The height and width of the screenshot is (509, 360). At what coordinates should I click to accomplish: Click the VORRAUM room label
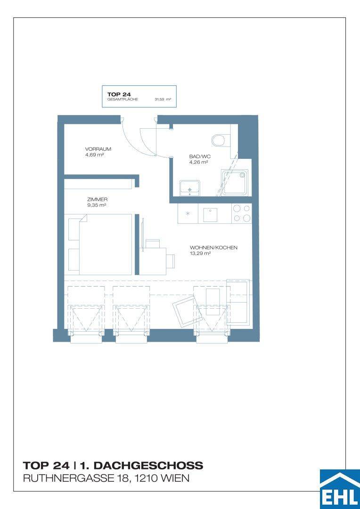tap(98, 149)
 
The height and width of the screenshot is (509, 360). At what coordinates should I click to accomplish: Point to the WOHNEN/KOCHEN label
tap(213, 248)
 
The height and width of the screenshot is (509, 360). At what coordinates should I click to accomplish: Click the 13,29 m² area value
tap(198, 254)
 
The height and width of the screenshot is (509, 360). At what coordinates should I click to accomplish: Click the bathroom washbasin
tap(190, 189)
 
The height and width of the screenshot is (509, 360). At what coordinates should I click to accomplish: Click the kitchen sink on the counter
tap(210, 214)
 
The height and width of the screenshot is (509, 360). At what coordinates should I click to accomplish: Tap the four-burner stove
tap(242, 213)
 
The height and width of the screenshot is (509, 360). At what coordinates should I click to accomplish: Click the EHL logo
tap(340, 489)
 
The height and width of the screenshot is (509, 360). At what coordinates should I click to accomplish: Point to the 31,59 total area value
tap(159, 99)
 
